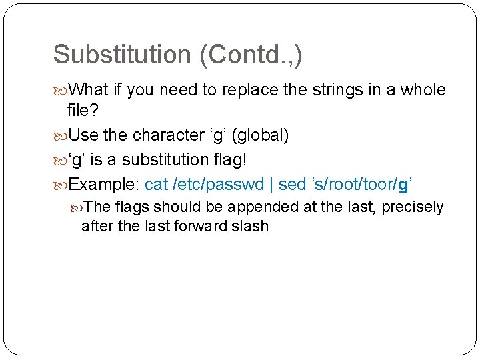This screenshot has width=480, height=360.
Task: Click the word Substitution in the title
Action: (123, 55)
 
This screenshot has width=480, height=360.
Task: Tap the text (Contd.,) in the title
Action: (251, 55)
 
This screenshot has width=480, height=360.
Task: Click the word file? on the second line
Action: (84, 111)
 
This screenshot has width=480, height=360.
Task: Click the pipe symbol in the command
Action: (269, 183)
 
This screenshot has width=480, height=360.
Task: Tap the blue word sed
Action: (290, 183)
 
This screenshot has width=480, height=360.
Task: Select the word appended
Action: (266, 207)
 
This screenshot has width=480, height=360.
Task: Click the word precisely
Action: (413, 207)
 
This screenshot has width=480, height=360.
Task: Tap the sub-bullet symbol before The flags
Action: (79, 207)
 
